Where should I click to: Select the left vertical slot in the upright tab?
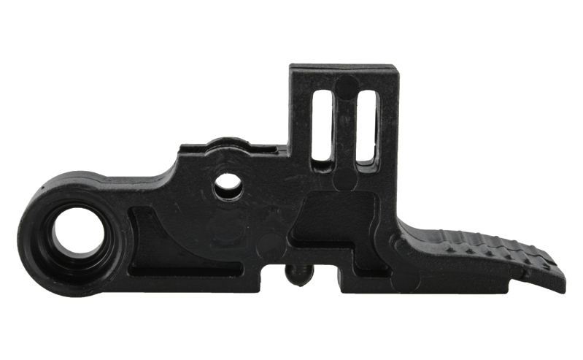pos(321,125)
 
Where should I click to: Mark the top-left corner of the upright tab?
pos(290,65)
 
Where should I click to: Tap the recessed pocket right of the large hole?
pos(157,237)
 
